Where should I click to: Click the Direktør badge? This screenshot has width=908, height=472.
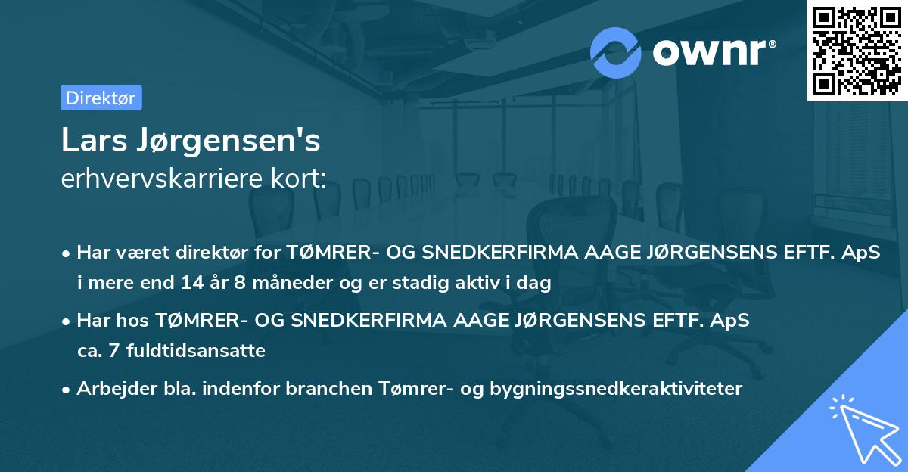point(101,98)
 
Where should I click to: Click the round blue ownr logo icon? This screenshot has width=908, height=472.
point(616,52)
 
